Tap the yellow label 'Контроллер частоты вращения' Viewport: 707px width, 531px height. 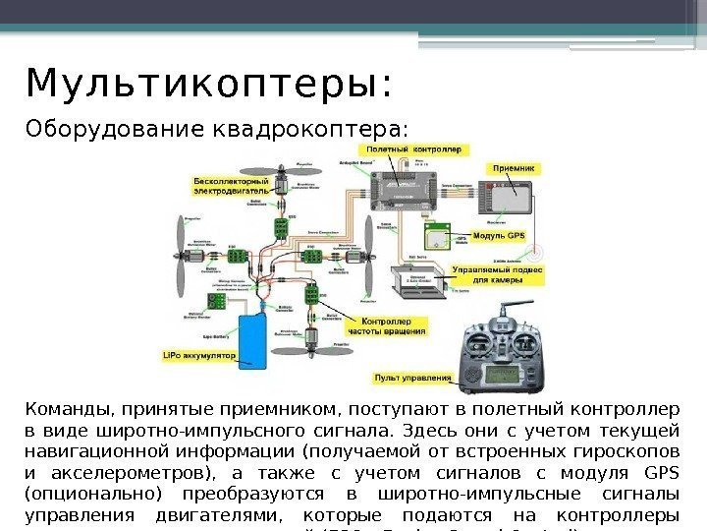click(392, 327)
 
